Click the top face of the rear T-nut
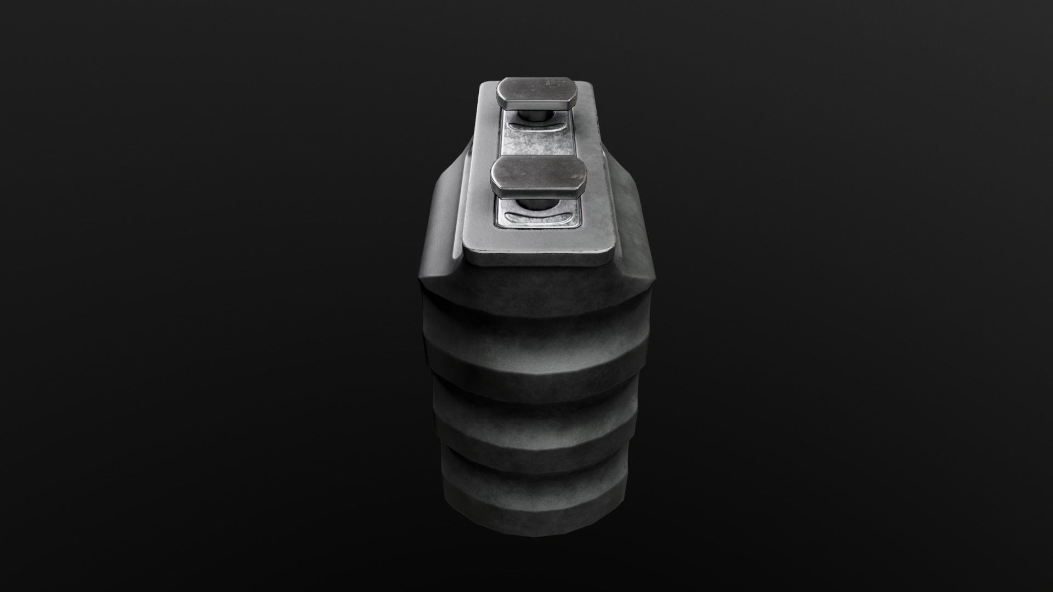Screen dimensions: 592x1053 click(537, 90)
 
